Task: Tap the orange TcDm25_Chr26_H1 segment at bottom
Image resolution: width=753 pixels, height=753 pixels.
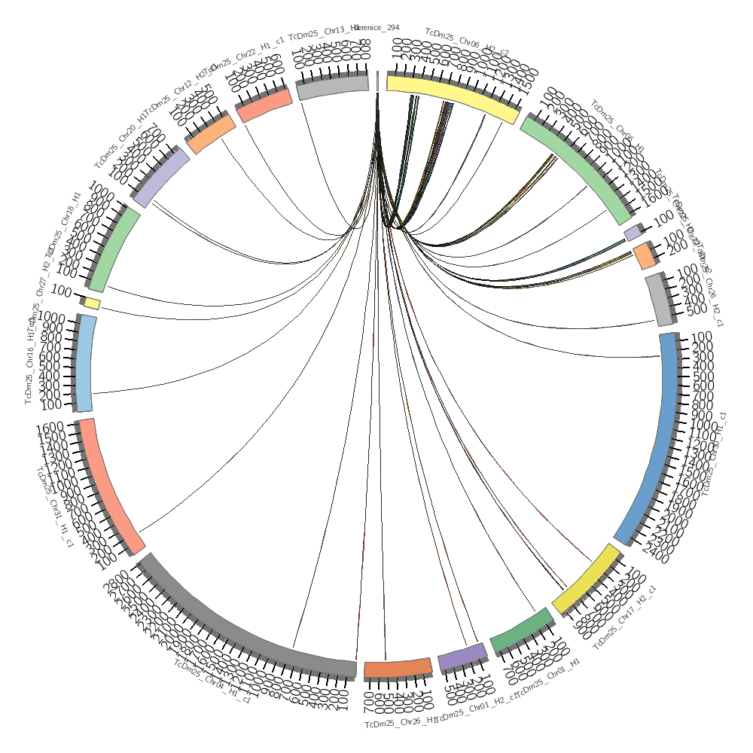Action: [398, 668]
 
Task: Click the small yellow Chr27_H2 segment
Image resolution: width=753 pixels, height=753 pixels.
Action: [92, 303]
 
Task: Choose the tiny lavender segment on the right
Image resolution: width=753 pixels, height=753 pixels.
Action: [633, 234]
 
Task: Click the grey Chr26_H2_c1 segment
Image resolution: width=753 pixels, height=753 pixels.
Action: [660, 300]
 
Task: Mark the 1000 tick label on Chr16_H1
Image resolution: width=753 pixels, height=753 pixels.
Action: [51, 317]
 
